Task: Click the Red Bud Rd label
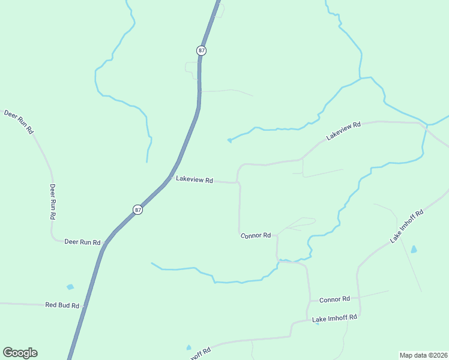(62, 305)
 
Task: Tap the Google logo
(20, 353)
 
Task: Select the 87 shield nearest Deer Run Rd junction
(138, 209)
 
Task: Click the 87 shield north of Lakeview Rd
(201, 50)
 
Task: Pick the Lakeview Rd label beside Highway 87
(194, 179)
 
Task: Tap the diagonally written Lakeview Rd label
(343, 131)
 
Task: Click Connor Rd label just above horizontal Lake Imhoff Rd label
(334, 299)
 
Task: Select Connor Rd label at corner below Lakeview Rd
(256, 235)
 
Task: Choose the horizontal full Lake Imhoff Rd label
(334, 317)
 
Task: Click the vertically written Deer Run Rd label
(53, 201)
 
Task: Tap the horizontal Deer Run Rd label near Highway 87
(82, 242)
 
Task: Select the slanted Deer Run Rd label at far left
(19, 122)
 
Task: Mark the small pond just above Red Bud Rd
(70, 287)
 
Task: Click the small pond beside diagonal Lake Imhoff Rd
(413, 249)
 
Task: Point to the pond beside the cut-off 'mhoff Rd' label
(188, 347)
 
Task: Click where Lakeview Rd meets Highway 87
(170, 178)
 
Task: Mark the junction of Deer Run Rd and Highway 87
(106, 243)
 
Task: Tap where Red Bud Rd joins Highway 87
(85, 306)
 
